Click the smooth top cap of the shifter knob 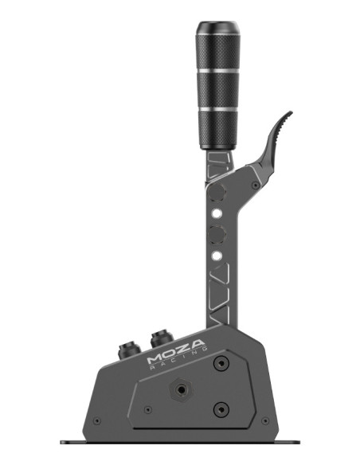pos(217,28)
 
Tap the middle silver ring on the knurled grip pos(218,71)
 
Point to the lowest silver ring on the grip pos(218,109)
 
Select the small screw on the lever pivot pos(256,186)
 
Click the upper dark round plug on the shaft pos(217,192)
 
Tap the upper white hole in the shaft pos(217,213)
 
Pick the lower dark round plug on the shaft pos(217,234)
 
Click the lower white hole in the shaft pos(217,256)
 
